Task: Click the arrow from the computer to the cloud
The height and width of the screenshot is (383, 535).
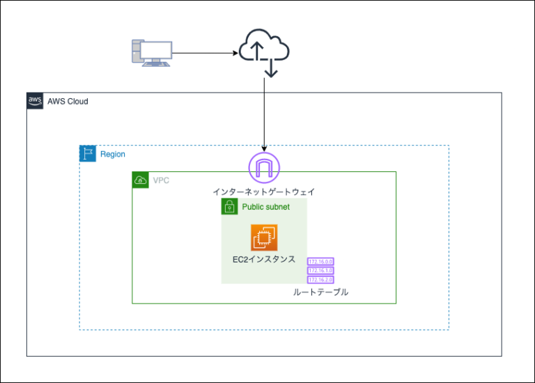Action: (205, 53)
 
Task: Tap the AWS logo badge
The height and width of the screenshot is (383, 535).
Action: (35, 101)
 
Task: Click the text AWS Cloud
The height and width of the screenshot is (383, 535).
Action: (68, 102)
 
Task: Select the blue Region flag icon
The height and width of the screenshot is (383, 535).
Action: (87, 154)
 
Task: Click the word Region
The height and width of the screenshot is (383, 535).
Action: (113, 154)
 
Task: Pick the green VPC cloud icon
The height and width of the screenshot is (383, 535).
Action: (140, 180)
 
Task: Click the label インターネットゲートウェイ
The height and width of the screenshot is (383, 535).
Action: (264, 191)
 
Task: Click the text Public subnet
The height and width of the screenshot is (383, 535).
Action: (265, 207)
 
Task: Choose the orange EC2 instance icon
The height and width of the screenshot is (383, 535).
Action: (265, 237)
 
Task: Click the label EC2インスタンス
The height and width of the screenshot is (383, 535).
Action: (264, 259)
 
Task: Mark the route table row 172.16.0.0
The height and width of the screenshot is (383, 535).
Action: (320, 262)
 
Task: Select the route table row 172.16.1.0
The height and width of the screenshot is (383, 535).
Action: (320, 271)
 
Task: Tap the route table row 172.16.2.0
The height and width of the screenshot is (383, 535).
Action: (320, 279)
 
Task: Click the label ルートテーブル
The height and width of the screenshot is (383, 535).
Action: (320, 292)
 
